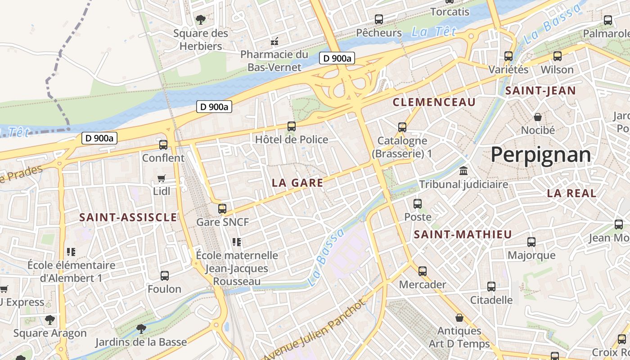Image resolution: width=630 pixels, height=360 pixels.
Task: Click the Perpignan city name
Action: click(x=540, y=155)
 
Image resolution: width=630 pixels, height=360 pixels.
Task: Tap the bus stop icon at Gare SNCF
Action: click(x=222, y=208)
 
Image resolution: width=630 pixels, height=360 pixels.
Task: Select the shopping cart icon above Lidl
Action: click(x=161, y=179)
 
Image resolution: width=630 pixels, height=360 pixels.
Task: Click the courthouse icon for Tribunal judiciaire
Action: click(x=463, y=171)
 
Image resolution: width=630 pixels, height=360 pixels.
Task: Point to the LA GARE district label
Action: click(x=297, y=183)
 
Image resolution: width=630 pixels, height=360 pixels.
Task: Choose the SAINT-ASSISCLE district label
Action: click(x=128, y=217)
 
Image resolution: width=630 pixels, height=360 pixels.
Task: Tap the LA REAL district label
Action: click(x=571, y=193)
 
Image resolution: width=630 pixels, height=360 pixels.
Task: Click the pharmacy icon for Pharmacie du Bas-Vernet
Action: click(x=274, y=42)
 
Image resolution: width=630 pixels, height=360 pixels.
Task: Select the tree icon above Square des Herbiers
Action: click(x=201, y=20)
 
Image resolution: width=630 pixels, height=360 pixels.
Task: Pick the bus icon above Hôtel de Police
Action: click(x=292, y=126)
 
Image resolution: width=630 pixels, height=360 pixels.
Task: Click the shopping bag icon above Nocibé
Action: click(x=537, y=117)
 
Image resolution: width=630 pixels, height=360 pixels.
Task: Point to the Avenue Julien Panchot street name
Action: click(x=315, y=329)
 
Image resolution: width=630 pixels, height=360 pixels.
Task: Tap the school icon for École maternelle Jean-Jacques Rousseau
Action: click(x=237, y=243)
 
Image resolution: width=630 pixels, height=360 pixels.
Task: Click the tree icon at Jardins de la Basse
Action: click(x=141, y=329)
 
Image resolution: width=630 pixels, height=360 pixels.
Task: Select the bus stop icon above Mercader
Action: click(x=422, y=271)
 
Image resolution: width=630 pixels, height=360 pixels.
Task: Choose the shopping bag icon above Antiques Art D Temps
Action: click(x=459, y=318)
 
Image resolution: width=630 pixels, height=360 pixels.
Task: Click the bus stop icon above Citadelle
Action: click(x=491, y=287)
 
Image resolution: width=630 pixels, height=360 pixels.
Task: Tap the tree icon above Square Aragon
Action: click(x=49, y=320)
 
